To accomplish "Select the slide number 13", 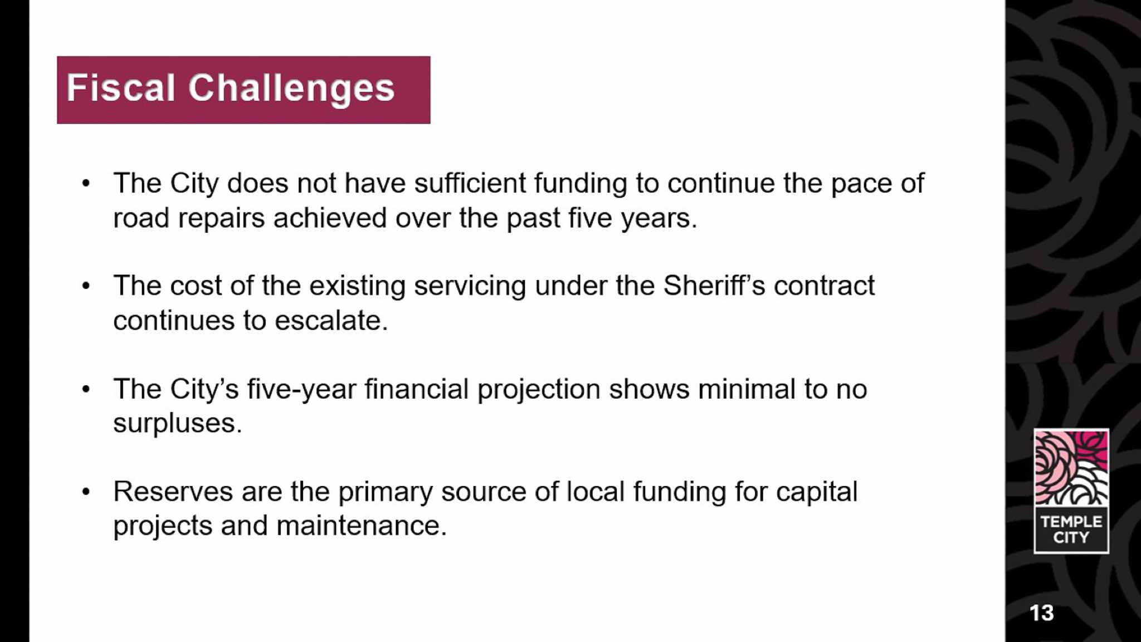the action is tap(1041, 613).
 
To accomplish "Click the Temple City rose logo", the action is tap(1071, 491).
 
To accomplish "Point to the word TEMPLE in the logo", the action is tap(1071, 522).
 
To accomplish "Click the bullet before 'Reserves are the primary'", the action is tap(85, 492).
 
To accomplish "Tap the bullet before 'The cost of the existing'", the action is tap(85, 286).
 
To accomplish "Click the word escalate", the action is tap(331, 321).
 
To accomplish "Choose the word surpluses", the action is tap(178, 424).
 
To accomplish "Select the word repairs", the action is tap(221, 218).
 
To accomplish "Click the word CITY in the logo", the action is tap(1071, 537).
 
